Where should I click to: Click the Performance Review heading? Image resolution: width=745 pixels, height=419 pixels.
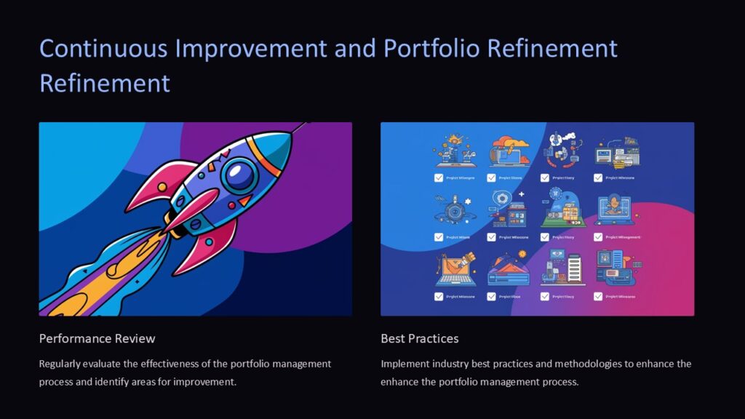point(97,338)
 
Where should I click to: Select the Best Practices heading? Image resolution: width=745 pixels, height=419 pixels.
point(420,338)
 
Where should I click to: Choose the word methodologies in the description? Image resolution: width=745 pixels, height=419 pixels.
point(587,363)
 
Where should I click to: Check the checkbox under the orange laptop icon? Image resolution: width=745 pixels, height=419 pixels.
point(439,296)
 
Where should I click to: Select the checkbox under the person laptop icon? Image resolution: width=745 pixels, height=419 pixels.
point(598,236)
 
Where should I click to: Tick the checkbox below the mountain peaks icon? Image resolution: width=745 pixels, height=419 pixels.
point(492,296)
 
